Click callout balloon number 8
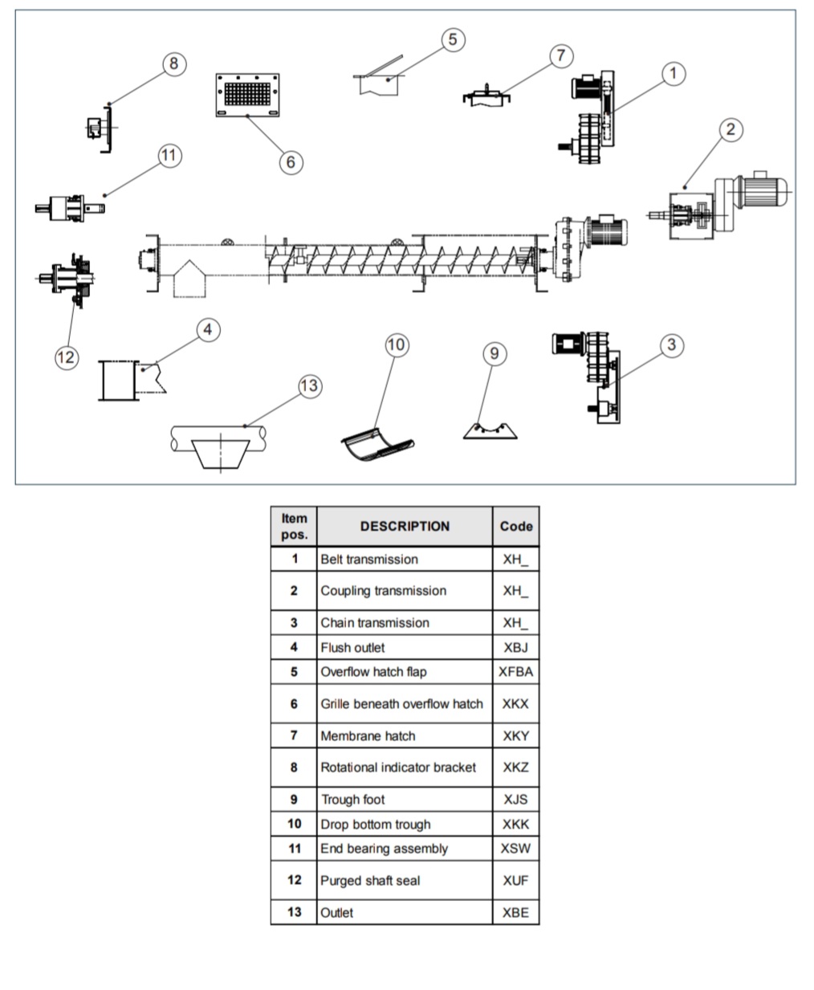tap(174, 63)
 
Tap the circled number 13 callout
tap(309, 386)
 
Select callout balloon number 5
tap(453, 39)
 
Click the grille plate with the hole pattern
tap(247, 95)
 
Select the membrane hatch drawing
tap(486, 95)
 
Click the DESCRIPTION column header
tap(405, 527)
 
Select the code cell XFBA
tap(515, 672)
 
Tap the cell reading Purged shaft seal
tap(370, 881)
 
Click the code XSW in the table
tap(515, 849)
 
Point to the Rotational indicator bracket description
tap(398, 768)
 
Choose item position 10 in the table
tap(294, 824)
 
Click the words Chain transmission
tap(375, 623)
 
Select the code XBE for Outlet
tap(515, 913)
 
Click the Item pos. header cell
tap(294, 527)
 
